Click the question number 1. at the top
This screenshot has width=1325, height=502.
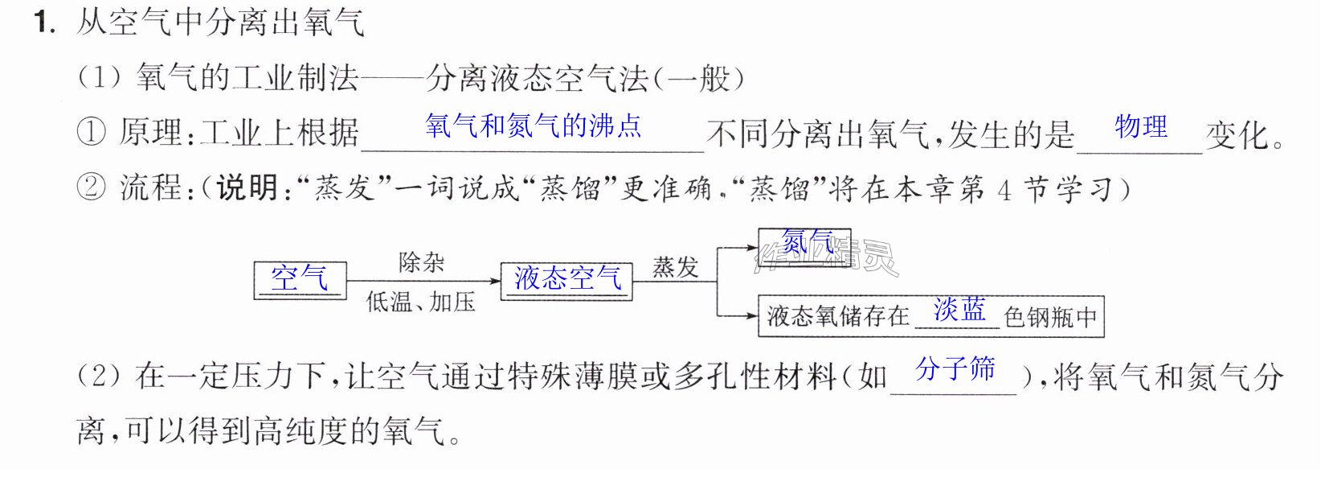(45, 23)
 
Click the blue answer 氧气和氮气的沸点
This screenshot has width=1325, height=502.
(533, 125)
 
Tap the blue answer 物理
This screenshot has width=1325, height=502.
(1141, 126)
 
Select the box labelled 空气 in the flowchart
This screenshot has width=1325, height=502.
(300, 280)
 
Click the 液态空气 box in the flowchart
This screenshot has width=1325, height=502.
(566, 282)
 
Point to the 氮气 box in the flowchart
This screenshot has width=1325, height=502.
(804, 248)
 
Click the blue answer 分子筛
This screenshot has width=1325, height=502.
(955, 368)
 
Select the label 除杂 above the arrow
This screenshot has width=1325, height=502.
(421, 261)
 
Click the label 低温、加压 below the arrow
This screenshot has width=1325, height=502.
(420, 302)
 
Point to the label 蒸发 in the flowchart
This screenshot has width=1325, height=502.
(675, 267)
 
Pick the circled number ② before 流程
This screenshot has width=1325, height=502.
(91, 187)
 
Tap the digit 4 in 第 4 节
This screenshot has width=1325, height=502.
(1004, 190)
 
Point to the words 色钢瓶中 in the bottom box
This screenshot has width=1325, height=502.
(1050, 317)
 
